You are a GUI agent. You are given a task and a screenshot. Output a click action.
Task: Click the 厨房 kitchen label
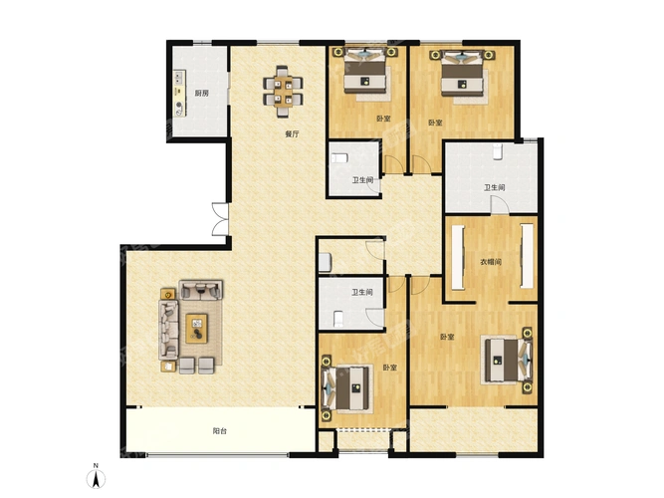click(201, 94)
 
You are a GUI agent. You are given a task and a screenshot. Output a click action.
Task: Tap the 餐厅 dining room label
click(292, 134)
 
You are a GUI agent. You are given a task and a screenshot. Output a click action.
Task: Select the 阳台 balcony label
click(219, 431)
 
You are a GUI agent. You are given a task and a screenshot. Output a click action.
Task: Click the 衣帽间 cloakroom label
click(491, 262)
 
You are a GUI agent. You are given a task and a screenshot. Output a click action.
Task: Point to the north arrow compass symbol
click(97, 477)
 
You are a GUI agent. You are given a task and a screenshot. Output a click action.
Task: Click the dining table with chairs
click(283, 91)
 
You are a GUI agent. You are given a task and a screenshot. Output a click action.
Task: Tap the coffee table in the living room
click(196, 328)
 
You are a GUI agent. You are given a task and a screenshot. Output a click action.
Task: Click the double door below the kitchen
click(220, 219)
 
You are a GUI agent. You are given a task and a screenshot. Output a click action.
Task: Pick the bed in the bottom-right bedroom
click(508, 360)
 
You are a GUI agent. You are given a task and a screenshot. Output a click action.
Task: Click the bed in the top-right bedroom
click(462, 73)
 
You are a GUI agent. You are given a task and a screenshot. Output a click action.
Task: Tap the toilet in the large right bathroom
click(498, 151)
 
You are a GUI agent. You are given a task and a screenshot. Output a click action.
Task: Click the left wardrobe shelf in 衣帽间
click(458, 257)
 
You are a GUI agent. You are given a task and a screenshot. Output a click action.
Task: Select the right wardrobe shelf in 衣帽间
click(527, 256)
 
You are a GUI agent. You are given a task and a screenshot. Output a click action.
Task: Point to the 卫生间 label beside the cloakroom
click(495, 187)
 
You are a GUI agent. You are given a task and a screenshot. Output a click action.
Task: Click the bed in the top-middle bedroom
click(365, 71)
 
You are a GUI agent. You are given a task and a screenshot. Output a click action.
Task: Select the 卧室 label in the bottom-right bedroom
click(447, 337)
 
